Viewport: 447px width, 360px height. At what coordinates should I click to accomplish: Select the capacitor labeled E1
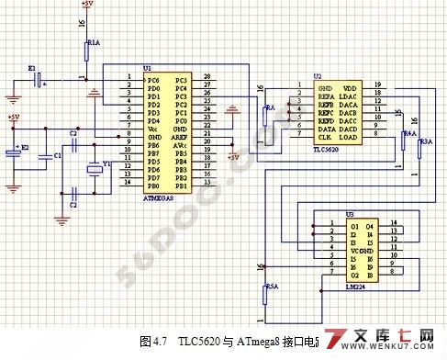38,80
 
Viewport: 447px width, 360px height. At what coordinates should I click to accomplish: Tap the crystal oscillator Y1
93,167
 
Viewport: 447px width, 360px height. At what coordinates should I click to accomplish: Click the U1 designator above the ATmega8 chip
147,69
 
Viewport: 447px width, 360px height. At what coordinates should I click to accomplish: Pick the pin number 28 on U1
207,77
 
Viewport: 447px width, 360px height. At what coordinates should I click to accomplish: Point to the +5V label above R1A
85,5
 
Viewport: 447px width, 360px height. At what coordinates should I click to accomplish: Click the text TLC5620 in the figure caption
202,341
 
